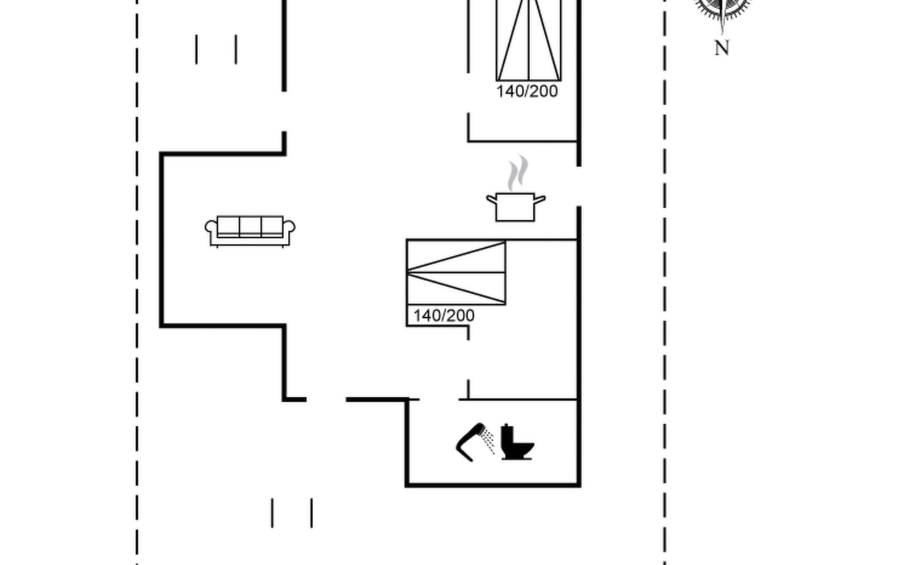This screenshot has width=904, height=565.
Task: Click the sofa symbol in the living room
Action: tap(250, 231)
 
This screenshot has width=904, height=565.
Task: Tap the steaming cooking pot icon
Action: tap(516, 188)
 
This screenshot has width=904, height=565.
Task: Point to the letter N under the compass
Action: tap(722, 48)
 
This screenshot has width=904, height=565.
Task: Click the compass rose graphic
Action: tap(722, 9)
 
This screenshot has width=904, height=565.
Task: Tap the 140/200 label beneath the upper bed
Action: tap(527, 91)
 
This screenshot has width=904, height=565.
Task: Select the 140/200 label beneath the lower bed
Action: tap(444, 315)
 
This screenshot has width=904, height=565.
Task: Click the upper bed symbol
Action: tap(529, 40)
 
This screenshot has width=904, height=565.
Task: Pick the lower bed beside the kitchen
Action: tap(456, 273)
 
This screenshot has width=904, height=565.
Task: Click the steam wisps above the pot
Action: tap(518, 173)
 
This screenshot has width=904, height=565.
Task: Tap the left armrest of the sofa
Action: tap(211, 227)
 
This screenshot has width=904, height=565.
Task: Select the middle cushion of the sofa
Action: tap(250, 226)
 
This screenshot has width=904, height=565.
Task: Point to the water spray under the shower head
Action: tap(489, 443)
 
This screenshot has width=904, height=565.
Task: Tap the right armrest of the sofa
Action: tap(289, 227)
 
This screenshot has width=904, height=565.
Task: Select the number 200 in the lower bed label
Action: tap(461, 315)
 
